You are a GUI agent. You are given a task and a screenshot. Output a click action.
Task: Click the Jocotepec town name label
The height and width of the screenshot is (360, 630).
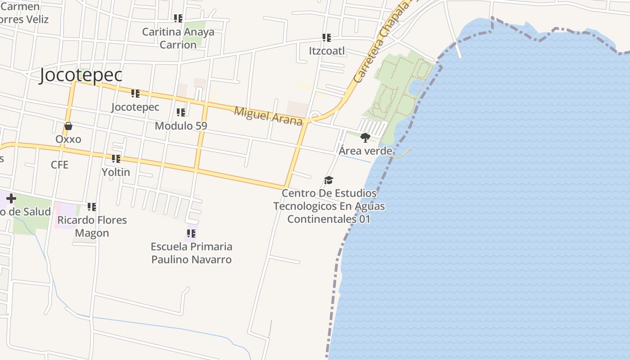click(81, 75)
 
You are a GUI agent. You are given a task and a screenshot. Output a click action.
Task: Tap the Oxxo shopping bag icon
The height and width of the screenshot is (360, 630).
click(68, 126)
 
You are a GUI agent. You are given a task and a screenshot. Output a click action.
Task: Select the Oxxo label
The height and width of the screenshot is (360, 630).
click(68, 139)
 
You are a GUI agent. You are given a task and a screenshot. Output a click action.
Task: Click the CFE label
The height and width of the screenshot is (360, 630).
click(59, 165)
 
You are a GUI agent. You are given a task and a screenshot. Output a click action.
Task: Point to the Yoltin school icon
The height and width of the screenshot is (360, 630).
click(116, 159)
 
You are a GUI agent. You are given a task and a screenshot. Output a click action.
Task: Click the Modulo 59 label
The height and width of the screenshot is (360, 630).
click(181, 126)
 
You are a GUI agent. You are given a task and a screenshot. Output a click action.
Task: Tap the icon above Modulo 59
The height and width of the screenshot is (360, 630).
click(181, 112)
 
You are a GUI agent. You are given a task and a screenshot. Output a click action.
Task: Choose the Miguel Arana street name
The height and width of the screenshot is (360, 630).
click(268, 116)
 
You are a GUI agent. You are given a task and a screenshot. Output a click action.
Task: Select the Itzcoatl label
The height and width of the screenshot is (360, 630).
click(327, 51)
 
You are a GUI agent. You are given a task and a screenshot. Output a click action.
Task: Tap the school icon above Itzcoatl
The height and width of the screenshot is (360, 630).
click(327, 38)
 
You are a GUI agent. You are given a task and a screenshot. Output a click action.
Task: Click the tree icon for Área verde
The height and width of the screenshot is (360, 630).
click(365, 137)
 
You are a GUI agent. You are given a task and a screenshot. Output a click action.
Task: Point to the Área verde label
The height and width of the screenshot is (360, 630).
click(365, 151)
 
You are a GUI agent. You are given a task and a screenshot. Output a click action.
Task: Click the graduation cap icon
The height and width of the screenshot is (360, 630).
click(329, 180)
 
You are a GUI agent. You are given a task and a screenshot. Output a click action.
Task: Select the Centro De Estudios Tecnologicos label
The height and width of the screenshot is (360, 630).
click(329, 206)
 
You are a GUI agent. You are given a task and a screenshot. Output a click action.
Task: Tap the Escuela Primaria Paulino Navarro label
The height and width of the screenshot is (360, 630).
click(191, 253)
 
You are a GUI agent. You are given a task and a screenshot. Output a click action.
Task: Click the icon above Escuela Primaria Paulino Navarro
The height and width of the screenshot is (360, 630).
click(191, 234)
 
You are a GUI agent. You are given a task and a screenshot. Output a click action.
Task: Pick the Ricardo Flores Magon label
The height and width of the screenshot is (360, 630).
click(92, 226)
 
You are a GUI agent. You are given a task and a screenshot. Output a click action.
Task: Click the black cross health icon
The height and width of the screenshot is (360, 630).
click(11, 198)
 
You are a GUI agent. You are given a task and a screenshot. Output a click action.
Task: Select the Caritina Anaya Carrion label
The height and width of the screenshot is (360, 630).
click(178, 38)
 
